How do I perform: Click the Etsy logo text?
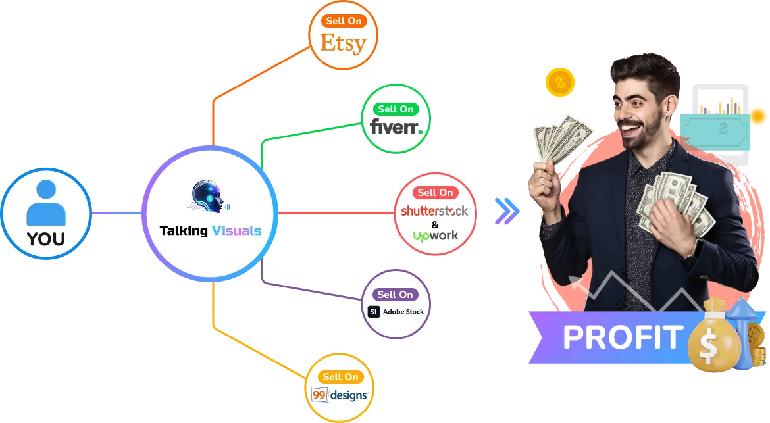pos(343,43)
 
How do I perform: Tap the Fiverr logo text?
pos(396,126)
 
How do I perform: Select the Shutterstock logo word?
pos(435,211)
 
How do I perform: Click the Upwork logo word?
pos(436,235)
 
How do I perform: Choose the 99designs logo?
pos(340,395)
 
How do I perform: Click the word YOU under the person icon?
pos(46,238)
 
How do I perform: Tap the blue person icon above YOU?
pos(46,202)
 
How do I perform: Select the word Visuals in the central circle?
pos(237,231)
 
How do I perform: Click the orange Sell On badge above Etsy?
pos(344,21)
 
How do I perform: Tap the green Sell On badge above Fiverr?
pos(396,109)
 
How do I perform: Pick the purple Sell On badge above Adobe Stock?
pos(396,294)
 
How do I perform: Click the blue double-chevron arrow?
pos(507,211)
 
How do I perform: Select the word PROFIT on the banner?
pos(621,337)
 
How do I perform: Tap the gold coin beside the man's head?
pos(560,83)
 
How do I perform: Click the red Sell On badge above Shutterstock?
pos(436,192)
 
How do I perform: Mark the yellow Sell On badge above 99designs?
pos(340,376)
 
